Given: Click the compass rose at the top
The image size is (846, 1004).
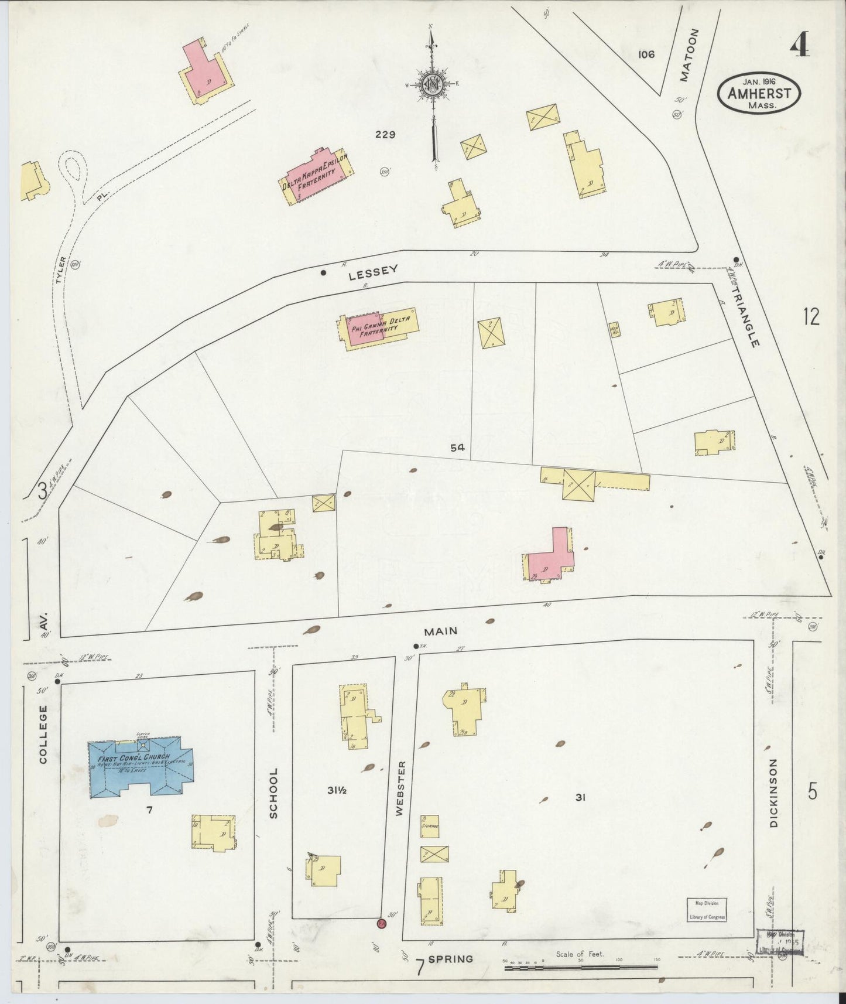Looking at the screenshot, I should (433, 85).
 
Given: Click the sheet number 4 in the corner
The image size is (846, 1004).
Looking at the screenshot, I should (799, 45).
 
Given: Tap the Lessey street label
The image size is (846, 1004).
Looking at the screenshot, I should (373, 272).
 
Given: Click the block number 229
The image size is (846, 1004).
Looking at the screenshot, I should (385, 135).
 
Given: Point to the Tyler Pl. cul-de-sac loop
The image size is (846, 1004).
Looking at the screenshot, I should (71, 169).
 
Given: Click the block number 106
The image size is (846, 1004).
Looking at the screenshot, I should (646, 54).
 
